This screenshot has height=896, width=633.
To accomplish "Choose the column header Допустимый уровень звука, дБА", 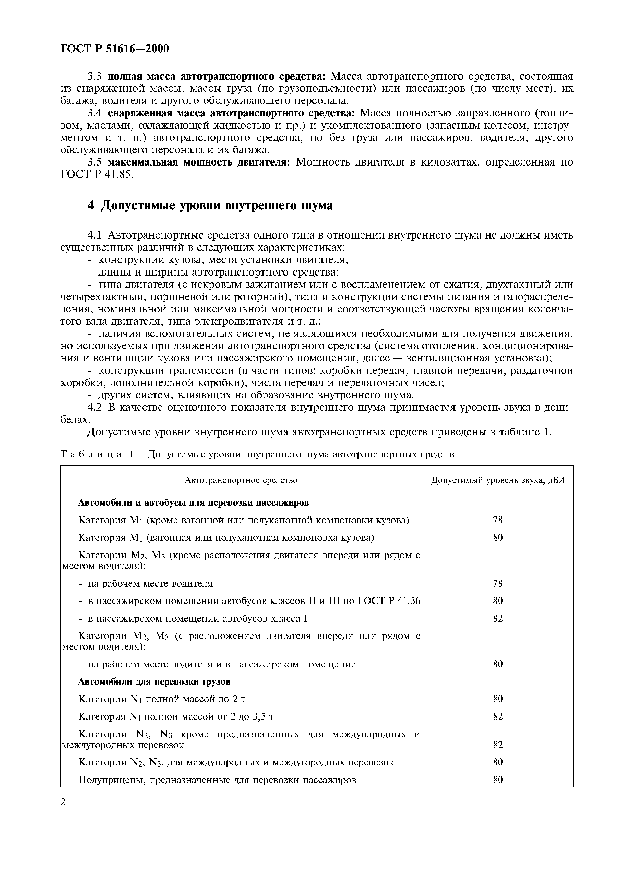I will coord(498,480).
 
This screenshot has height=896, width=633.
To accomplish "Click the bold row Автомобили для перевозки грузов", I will coord(154,681).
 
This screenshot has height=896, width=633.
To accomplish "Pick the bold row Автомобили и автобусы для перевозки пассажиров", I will coord(194,503).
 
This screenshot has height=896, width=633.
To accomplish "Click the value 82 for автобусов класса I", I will coord(498,619).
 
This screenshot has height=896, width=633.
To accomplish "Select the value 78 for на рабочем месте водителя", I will coord(498,583).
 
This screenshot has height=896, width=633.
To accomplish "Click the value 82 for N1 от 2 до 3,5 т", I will coord(498,716).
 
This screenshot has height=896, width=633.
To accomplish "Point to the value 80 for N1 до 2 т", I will coord(498,699).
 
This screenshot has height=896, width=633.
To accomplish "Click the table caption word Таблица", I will coord(91,455).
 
